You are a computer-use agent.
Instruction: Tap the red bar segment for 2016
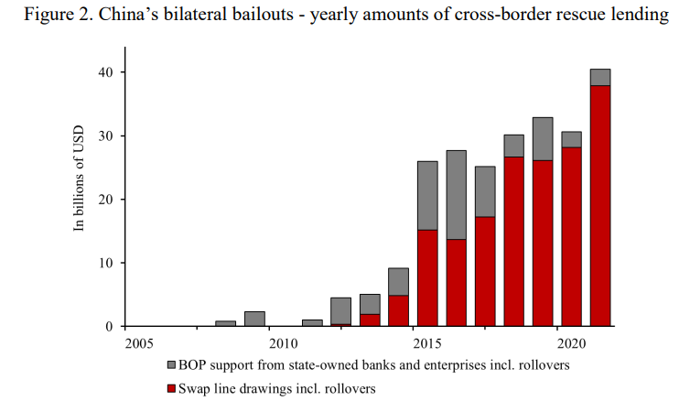(456, 282)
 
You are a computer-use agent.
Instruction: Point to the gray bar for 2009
(254, 319)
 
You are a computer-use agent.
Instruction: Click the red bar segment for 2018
(513, 241)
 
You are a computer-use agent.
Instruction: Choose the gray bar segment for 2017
(485, 191)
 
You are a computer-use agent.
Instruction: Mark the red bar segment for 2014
(398, 310)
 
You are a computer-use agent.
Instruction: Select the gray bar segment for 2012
(340, 310)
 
